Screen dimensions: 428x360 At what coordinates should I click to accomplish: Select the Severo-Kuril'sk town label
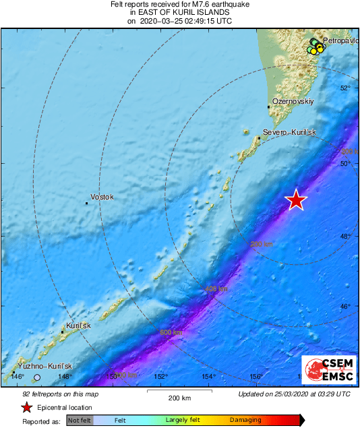(289, 132)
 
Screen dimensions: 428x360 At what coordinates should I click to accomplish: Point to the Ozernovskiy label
(293, 100)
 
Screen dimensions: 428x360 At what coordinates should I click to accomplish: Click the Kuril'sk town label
(78, 326)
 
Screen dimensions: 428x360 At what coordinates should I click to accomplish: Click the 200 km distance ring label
(262, 244)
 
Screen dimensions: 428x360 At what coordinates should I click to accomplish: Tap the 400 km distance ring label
(216, 288)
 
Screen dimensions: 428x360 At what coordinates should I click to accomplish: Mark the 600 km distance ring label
(171, 332)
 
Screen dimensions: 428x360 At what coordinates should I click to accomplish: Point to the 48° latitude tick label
(346, 236)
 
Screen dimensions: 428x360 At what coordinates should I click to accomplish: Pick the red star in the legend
(26, 407)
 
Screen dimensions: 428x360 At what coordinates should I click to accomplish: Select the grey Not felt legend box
(80, 421)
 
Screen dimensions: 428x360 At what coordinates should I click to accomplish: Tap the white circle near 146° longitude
(38, 377)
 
